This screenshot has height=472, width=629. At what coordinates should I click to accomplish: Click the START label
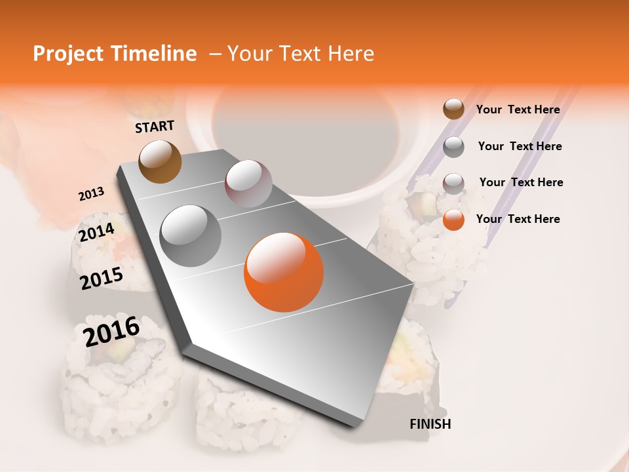(155, 126)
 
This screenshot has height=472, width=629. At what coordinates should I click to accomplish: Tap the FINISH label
(430, 424)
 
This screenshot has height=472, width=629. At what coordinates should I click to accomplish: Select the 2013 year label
(91, 193)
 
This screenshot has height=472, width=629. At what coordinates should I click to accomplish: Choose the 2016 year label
(111, 331)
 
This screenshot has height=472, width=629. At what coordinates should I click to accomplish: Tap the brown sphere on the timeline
(160, 161)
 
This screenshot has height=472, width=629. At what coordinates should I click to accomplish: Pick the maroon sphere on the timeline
(248, 184)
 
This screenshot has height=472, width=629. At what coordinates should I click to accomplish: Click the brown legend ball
(453, 109)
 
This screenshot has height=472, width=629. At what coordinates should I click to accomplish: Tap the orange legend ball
(453, 219)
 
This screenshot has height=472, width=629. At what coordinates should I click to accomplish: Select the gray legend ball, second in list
(453, 146)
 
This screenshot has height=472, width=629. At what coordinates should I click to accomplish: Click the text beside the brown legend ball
(518, 109)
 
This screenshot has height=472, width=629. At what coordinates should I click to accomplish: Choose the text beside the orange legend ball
(518, 219)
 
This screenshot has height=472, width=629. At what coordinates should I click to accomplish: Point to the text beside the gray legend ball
(520, 146)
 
